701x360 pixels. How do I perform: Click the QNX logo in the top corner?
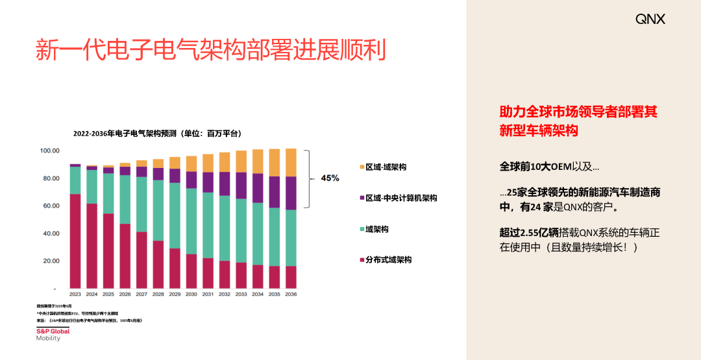click(x=650, y=19)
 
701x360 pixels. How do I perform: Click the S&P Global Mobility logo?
click(x=53, y=334)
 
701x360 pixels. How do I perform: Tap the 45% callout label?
click(x=330, y=178)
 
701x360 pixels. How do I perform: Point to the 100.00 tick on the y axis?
click(x=49, y=150)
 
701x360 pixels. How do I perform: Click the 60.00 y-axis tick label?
click(x=49, y=206)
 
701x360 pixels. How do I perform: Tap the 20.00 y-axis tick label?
click(x=49, y=261)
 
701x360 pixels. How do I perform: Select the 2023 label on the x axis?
click(x=75, y=294)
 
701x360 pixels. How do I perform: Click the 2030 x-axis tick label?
click(x=191, y=294)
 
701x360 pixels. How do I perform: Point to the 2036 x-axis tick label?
click(x=291, y=294)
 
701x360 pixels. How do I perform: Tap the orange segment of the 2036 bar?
click(x=291, y=163)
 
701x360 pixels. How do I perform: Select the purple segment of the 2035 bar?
click(x=275, y=192)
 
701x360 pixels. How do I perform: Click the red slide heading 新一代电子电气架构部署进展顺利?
click(x=210, y=51)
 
